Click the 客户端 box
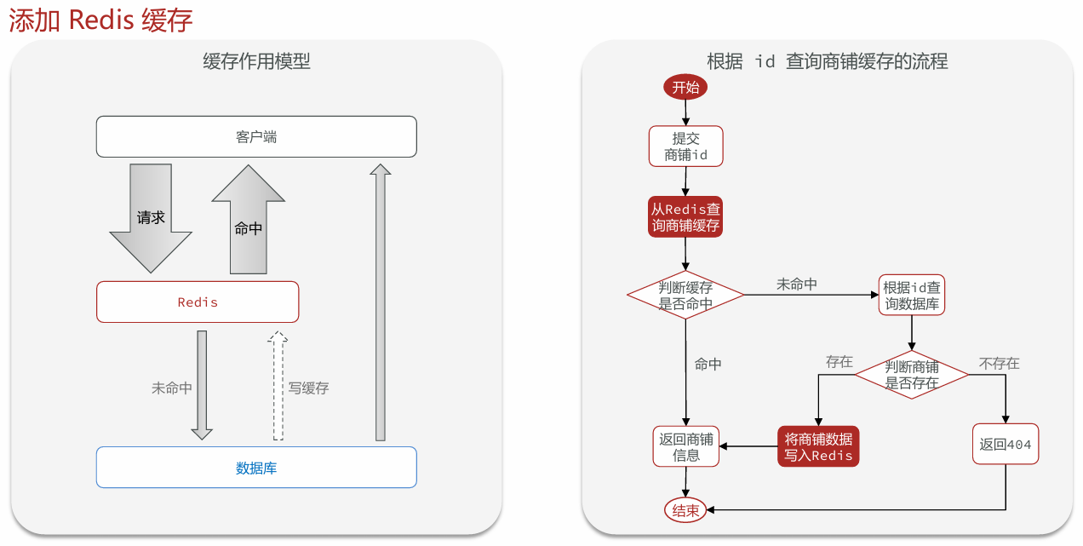pyautogui.click(x=256, y=137)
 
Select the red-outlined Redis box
pyautogui.click(x=198, y=302)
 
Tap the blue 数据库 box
pyautogui.click(x=256, y=468)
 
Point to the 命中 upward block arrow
pyautogui.click(x=249, y=223)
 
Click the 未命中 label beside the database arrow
pyautogui.click(x=171, y=388)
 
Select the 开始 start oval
pyautogui.click(x=685, y=87)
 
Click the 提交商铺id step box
pyautogui.click(x=685, y=147)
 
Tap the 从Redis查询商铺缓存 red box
pyautogui.click(x=685, y=217)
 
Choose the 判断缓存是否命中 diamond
pyautogui.click(x=685, y=295)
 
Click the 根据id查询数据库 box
pyautogui.click(x=912, y=295)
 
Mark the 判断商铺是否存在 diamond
pyautogui.click(x=912, y=375)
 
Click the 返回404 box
pyautogui.click(x=1006, y=444)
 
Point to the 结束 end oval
pyautogui.click(x=685, y=510)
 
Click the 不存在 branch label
pyautogui.click(x=999, y=363)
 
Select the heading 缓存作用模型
pyautogui.click(x=256, y=61)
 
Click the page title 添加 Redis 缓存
pyautogui.click(x=100, y=20)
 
